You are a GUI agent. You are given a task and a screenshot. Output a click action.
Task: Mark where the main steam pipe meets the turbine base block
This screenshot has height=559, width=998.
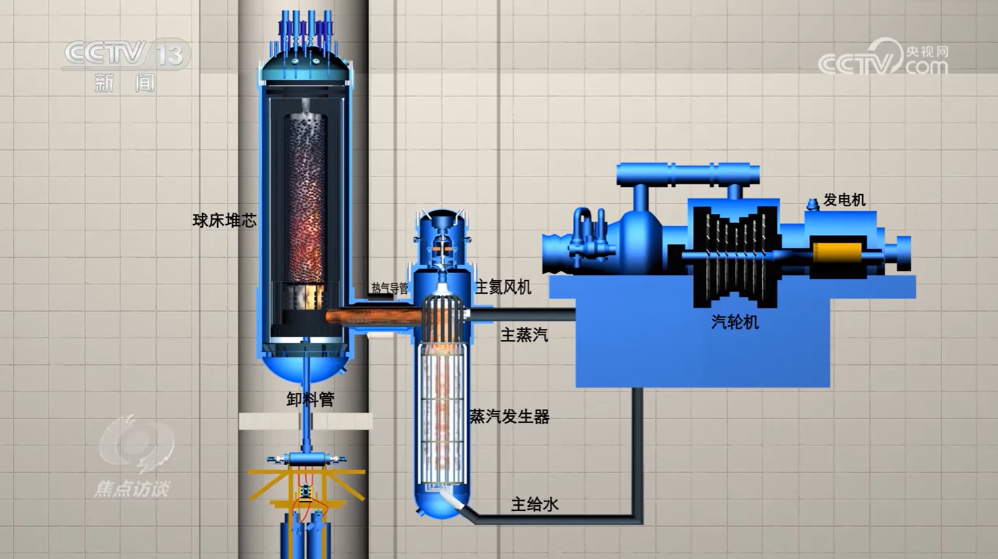click(x=575, y=316)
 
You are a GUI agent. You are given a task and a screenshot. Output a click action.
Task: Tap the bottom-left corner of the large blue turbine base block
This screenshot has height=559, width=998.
click(x=576, y=387)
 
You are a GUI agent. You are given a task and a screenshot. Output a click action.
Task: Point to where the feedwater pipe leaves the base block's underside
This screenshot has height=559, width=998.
click(x=638, y=388)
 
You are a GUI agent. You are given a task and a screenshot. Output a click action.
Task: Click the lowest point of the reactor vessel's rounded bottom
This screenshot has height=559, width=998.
click(x=304, y=383)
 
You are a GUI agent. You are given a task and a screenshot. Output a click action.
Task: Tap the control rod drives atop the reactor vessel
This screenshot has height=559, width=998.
click(x=306, y=28)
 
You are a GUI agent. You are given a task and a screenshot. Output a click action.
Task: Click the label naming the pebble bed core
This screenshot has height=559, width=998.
click(x=224, y=220)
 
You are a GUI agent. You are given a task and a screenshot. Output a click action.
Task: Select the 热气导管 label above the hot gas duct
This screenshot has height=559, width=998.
click(x=389, y=288)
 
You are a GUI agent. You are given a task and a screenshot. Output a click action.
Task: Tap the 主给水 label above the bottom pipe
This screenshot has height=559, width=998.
click(x=535, y=505)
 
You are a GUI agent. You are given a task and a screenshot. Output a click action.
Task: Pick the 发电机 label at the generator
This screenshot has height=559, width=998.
click(x=844, y=200)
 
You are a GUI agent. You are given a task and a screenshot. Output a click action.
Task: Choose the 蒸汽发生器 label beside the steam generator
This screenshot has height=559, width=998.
click(x=510, y=417)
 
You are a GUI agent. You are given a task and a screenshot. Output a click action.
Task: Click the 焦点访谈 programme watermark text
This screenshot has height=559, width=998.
click(x=132, y=489)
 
